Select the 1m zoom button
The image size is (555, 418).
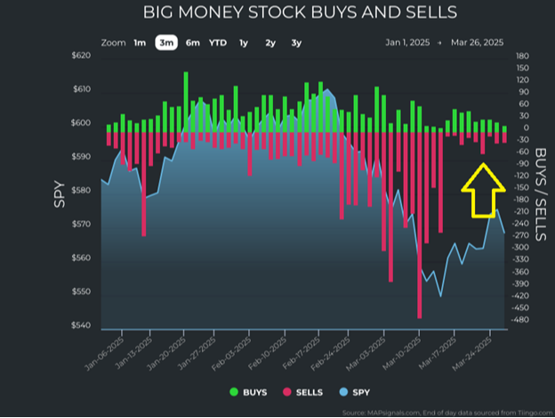coord(140,42)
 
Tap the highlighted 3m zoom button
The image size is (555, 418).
coord(165,42)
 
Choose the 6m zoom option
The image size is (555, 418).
coord(192,42)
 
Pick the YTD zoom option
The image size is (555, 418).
coord(218,42)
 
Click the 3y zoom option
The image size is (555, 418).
coord(296,42)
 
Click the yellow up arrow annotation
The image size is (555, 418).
coord(483,190)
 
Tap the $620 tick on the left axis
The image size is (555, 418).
coord(80,56)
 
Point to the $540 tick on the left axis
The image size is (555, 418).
coord(80,326)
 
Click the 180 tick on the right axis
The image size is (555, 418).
coord(523,56)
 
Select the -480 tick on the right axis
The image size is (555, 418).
coord(522,320)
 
